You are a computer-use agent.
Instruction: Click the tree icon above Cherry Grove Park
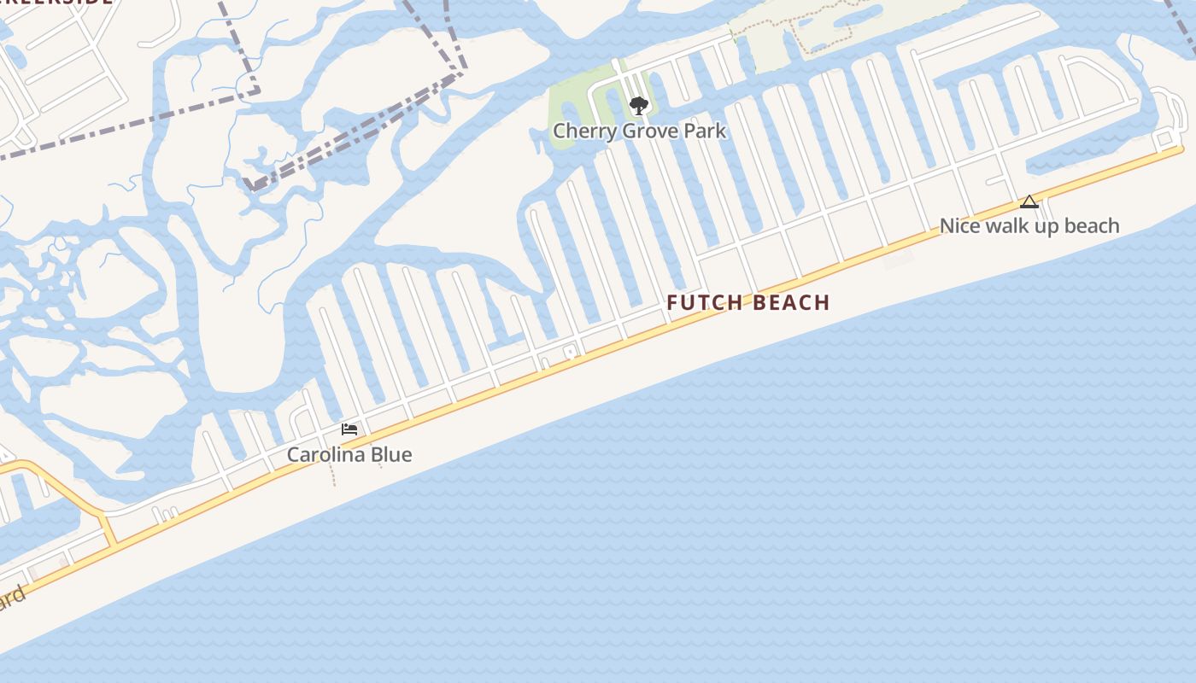point(638,106)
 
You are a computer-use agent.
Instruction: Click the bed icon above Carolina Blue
point(349,429)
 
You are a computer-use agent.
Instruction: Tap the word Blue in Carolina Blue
point(392,455)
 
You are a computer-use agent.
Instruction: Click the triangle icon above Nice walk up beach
point(1029,202)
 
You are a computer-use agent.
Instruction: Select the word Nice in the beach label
point(959,226)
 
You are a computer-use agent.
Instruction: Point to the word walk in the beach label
point(1003,226)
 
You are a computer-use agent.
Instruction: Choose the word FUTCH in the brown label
point(700,303)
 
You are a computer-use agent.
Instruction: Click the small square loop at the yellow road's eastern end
point(1164,140)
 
